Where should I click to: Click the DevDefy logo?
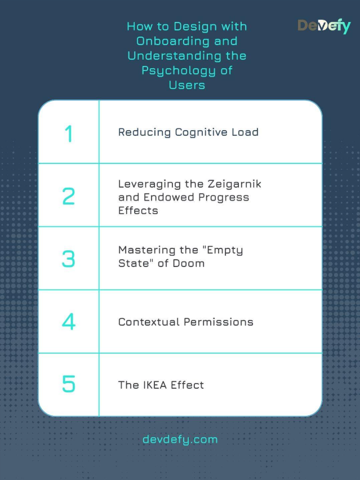[323, 25]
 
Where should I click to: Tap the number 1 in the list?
[69, 134]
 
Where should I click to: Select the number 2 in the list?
[69, 196]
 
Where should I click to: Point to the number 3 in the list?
[69, 259]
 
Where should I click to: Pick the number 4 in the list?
[69, 322]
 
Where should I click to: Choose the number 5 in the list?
[69, 385]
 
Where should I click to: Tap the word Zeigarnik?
[234, 184]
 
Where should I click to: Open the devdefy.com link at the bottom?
[180, 439]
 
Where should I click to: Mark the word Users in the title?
[186, 85]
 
